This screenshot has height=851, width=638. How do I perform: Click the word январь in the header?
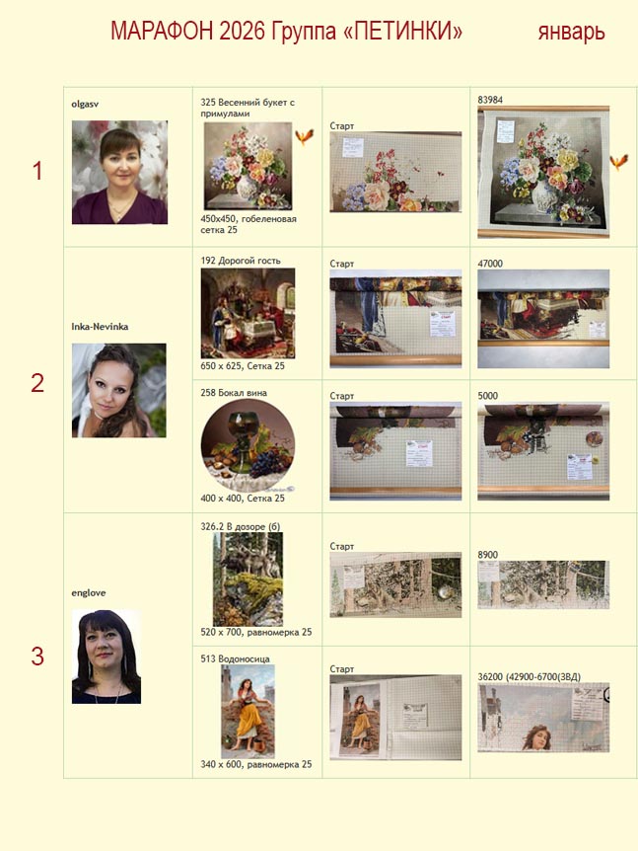pyautogui.click(x=571, y=32)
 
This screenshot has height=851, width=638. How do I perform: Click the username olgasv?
pyautogui.click(x=85, y=104)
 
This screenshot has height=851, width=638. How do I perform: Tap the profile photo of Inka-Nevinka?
pyautogui.click(x=119, y=390)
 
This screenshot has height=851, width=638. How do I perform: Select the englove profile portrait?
pyautogui.click(x=106, y=657)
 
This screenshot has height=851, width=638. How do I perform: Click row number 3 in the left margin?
pyautogui.click(x=37, y=657)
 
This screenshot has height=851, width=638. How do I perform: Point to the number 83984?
pyautogui.click(x=490, y=100)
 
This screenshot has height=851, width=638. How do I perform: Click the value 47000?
pyautogui.click(x=490, y=264)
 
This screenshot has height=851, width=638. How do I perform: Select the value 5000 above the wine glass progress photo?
pyautogui.click(x=488, y=396)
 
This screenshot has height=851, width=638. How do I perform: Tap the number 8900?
pyautogui.click(x=488, y=555)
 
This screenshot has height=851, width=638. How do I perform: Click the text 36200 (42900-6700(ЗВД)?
pyautogui.click(x=530, y=677)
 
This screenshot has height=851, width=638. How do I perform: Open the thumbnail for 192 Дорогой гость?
pyautogui.click(x=248, y=313)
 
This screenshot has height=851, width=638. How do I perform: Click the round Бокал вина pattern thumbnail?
pyautogui.click(x=248, y=445)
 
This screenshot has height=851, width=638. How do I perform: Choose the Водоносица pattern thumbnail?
pyautogui.click(x=248, y=712)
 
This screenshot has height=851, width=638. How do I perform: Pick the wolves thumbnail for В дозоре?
pyautogui.click(x=248, y=580)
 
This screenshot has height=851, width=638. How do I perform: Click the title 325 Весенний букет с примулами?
pyautogui.click(x=248, y=108)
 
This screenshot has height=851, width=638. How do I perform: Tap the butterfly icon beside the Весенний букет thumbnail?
pyautogui.click(x=305, y=136)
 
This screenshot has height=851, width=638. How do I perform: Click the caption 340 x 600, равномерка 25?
pyautogui.click(x=255, y=764)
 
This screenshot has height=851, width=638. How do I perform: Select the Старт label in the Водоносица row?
pyautogui.click(x=341, y=669)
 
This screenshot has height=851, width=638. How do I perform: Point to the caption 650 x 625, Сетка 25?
pyautogui.click(x=243, y=366)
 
